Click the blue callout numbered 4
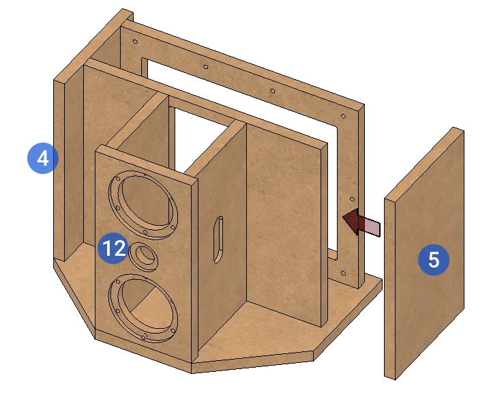[43, 158]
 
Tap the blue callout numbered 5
[434, 259]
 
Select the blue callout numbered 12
[113, 248]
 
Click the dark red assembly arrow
[361, 222]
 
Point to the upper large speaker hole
[143, 205]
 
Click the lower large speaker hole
[143, 308]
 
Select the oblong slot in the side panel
[218, 239]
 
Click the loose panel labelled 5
[424, 254]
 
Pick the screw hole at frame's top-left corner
[135, 42]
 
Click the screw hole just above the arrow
[353, 200]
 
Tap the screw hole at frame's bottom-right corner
[343, 274]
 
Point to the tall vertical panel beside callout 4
[59, 171]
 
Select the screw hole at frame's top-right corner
[343, 116]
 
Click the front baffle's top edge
[147, 164]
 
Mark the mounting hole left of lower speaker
[117, 311]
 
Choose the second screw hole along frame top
[206, 67]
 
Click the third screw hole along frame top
[273, 91]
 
